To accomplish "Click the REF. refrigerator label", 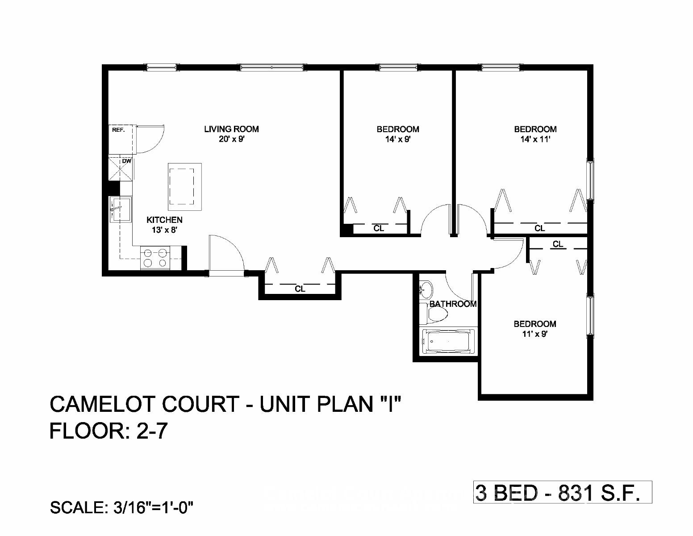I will click(x=118, y=130).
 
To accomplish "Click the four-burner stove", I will click(x=155, y=258).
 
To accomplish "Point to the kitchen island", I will click(x=184, y=186).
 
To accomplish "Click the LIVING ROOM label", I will click(x=231, y=129).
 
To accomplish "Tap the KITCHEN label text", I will click(x=165, y=220).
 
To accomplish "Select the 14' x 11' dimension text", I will click(x=535, y=139).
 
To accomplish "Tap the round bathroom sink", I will click(x=426, y=290).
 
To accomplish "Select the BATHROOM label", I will click(x=453, y=304).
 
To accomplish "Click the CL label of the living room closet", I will click(x=300, y=289).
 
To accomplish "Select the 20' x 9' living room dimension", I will click(x=231, y=139).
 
